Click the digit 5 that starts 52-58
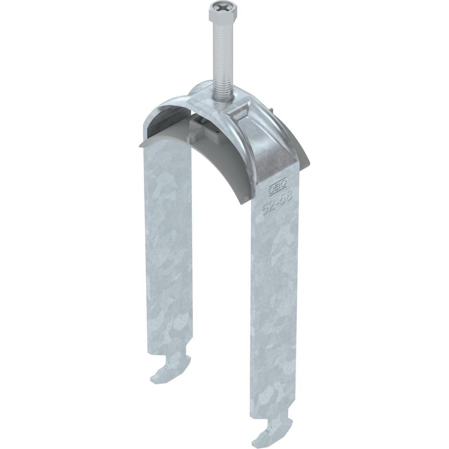(x=265, y=210)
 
